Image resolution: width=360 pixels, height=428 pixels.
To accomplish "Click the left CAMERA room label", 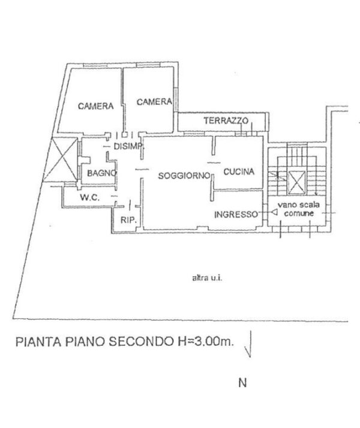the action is pyautogui.click(x=95, y=106).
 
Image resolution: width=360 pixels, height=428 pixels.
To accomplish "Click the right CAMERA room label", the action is pyautogui.click(x=154, y=102).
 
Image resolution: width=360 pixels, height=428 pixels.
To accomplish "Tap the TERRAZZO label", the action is pyautogui.click(x=226, y=120).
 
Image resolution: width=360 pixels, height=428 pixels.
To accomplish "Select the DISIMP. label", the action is pyautogui.click(x=128, y=146).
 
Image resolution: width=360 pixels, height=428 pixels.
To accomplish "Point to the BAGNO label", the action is pyautogui.click(x=102, y=173).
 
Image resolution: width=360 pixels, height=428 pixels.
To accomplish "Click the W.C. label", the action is pyautogui.click(x=90, y=197).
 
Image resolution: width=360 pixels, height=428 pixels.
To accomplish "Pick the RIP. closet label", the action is pyautogui.click(x=128, y=220).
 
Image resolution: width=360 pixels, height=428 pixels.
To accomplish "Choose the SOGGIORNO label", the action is pyautogui.click(x=185, y=176).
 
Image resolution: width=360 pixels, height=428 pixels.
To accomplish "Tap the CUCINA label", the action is pyautogui.click(x=239, y=171).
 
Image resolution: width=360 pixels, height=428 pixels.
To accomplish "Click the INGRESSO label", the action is pyautogui.click(x=236, y=215).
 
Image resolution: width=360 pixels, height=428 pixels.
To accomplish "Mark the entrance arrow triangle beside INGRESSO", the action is pyautogui.click(x=274, y=212).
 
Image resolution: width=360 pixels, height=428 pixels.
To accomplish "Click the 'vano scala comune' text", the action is pyautogui.click(x=299, y=209).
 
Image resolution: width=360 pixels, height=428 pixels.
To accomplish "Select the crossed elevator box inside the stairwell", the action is pyautogui.click(x=296, y=182).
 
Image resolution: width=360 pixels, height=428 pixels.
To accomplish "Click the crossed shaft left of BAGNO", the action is pyautogui.click(x=61, y=159).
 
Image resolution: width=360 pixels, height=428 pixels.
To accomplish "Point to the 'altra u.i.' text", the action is pyautogui.click(x=208, y=278).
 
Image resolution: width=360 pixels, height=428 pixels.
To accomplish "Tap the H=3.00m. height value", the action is pyautogui.click(x=204, y=341).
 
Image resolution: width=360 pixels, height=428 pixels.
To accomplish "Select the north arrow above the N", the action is pyautogui.click(x=249, y=344).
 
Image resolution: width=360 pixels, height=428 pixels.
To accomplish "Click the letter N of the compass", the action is pyautogui.click(x=242, y=382).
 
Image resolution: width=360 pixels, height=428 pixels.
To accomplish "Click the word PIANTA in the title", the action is pyautogui.click(x=38, y=342).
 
